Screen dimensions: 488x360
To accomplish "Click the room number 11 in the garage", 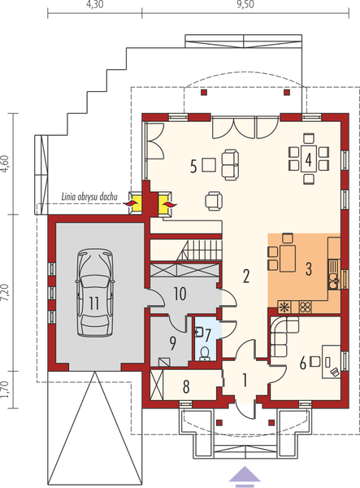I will click(96, 303).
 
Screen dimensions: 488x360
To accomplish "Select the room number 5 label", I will click(193, 167).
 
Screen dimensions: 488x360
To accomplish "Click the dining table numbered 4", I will click(309, 158).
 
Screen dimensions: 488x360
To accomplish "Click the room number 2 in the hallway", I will click(245, 277).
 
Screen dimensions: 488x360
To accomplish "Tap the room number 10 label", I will click(180, 293).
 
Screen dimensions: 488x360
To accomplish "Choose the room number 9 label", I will click(173, 342).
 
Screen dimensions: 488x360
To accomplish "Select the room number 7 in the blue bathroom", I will click(207, 333).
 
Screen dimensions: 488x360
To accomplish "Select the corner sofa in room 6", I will click(281, 335).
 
